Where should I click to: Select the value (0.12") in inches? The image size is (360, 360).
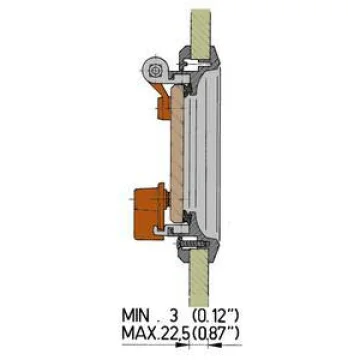[216, 315]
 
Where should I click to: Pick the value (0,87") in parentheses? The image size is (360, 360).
[216, 332]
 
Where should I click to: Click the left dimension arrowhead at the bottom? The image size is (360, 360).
[184, 346]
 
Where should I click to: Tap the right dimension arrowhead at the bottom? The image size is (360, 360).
[213, 346]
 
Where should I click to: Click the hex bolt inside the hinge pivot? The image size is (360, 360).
[154, 70]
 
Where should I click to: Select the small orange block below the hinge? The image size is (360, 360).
[164, 106]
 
